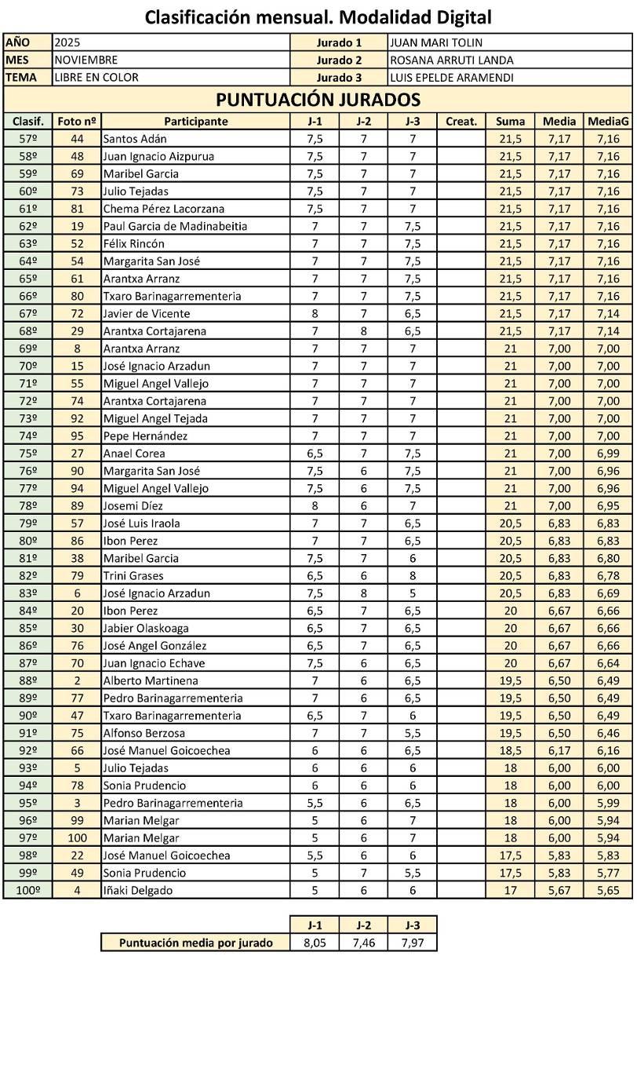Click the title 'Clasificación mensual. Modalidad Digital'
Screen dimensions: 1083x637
(x=318, y=16)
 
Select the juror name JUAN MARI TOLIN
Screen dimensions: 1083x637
(x=436, y=43)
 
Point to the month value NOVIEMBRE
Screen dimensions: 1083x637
(x=86, y=60)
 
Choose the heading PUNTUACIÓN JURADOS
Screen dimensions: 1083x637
(x=318, y=100)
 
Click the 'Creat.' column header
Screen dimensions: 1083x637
(x=460, y=122)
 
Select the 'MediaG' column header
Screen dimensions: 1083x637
(x=608, y=122)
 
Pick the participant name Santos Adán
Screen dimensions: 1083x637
(x=135, y=139)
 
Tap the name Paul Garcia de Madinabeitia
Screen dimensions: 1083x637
(x=175, y=226)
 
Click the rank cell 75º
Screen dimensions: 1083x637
(x=27, y=454)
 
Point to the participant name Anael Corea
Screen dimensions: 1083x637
(x=133, y=454)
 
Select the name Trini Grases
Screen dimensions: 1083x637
(x=133, y=576)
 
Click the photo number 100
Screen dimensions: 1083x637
(x=77, y=838)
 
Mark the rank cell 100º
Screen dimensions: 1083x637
(x=27, y=891)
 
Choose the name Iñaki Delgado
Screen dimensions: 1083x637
(x=138, y=891)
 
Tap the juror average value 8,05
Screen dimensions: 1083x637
(x=315, y=943)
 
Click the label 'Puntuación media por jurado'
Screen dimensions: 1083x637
(x=195, y=943)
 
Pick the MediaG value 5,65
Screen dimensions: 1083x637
(x=608, y=891)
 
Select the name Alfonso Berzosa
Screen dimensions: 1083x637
(x=144, y=733)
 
